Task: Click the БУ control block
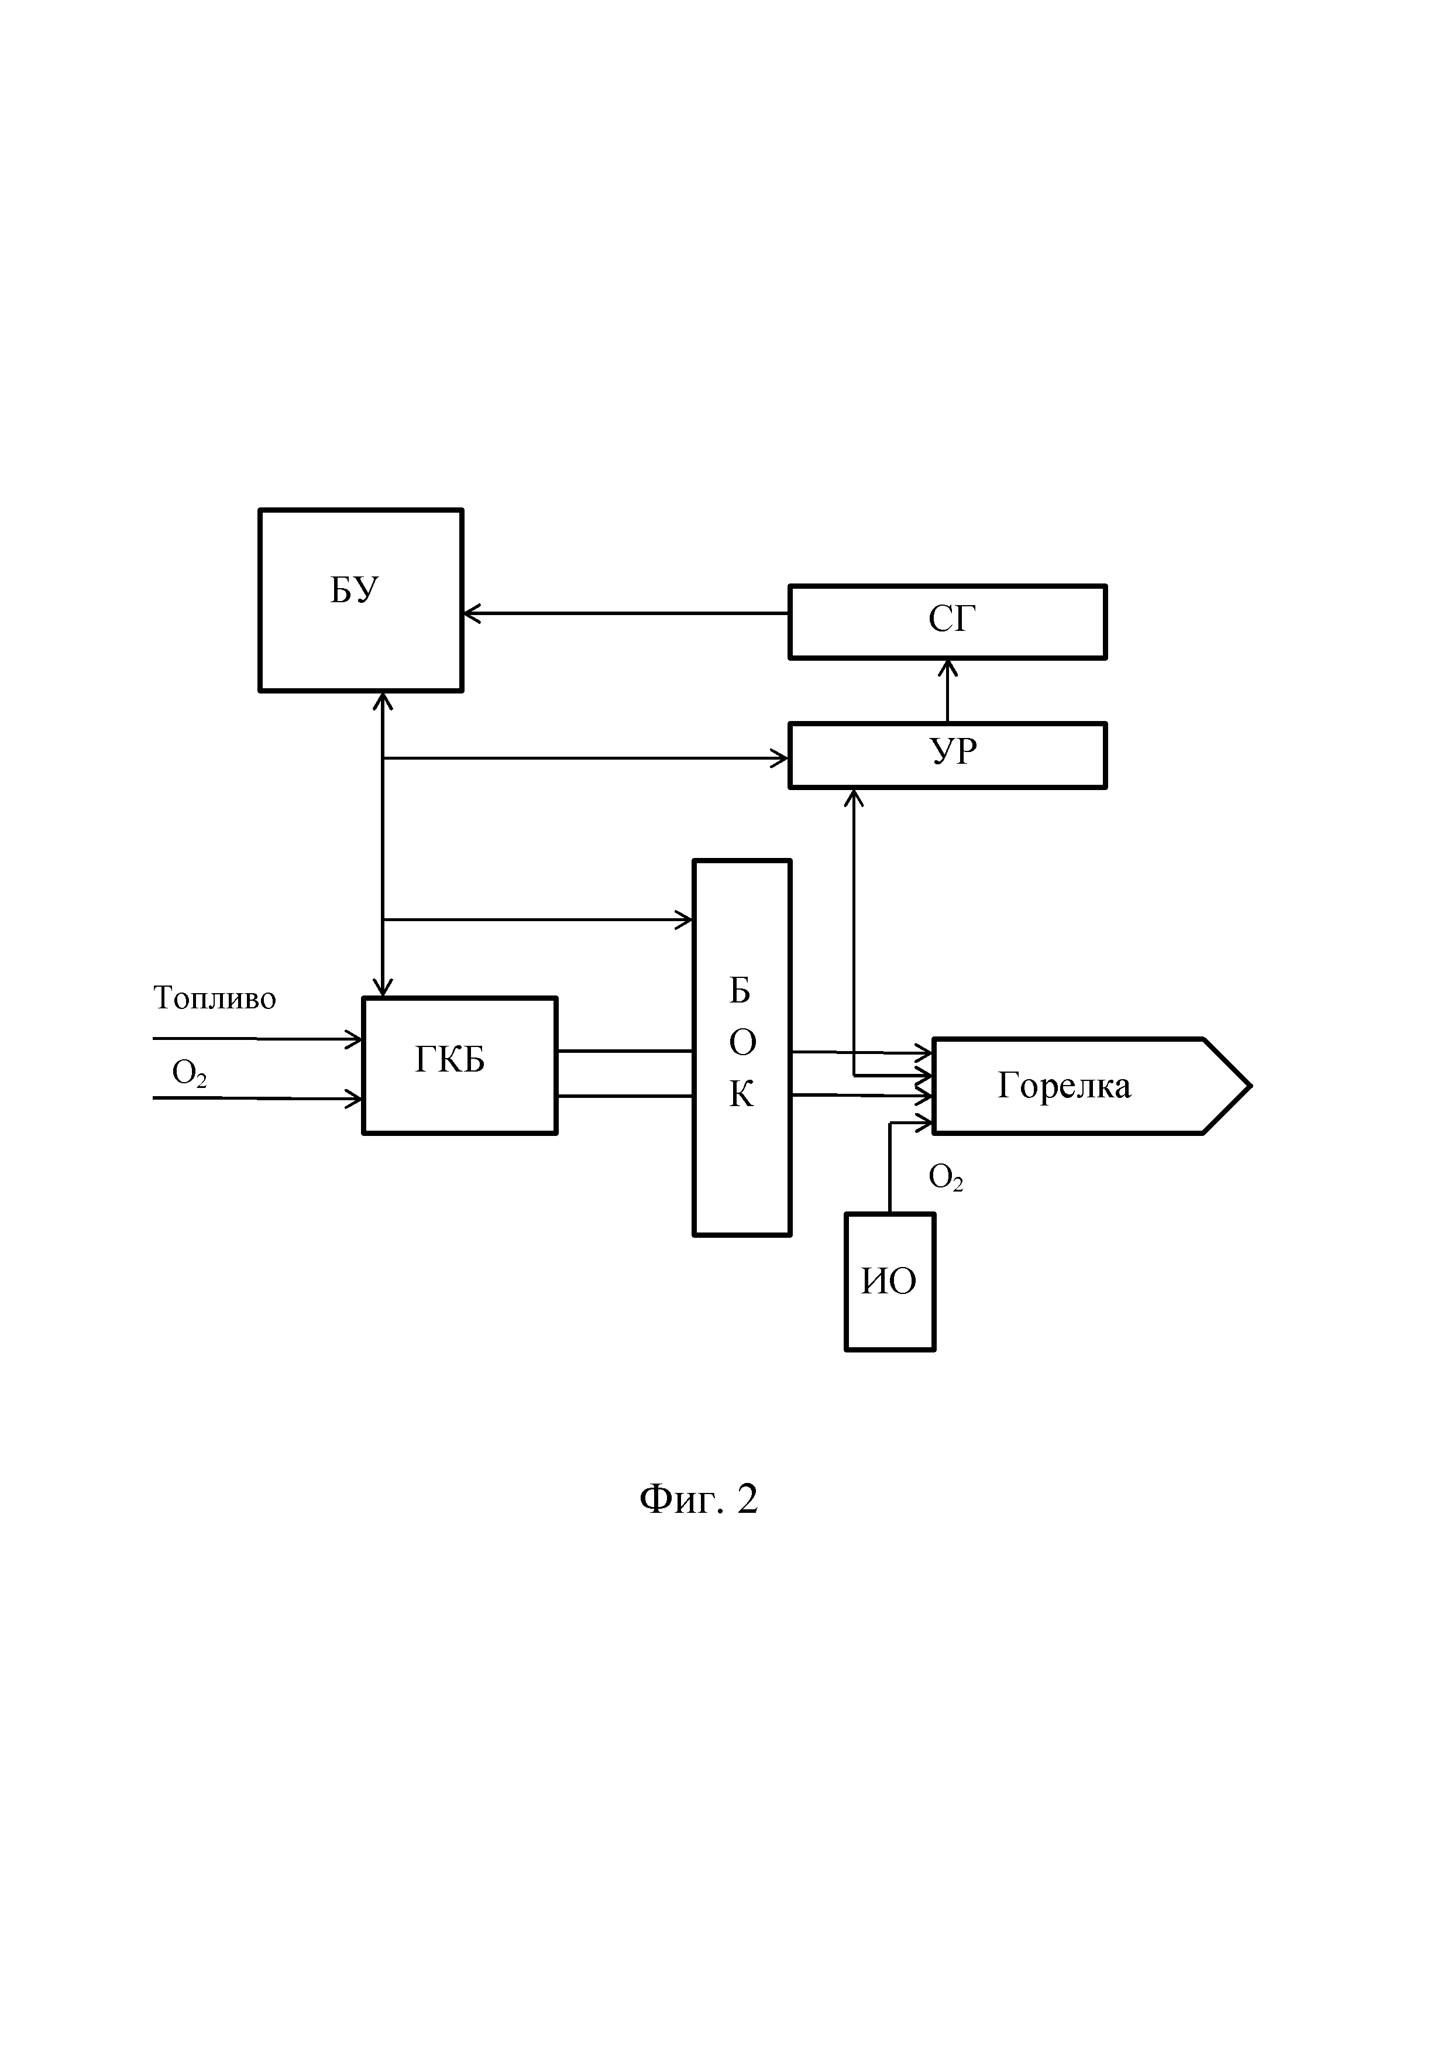(x=360, y=600)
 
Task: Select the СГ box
(x=948, y=622)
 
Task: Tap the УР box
(x=948, y=756)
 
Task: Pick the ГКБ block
(x=459, y=1066)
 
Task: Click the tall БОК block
(x=742, y=1048)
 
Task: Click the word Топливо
(x=215, y=998)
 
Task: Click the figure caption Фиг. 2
(x=699, y=1499)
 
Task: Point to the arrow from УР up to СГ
(x=948, y=691)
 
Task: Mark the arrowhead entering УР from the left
(x=779, y=758)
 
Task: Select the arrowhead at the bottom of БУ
(x=383, y=701)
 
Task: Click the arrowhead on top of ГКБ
(x=383, y=987)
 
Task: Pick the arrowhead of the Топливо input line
(x=353, y=1039)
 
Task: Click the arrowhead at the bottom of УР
(x=855, y=798)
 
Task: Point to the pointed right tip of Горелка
(x=1251, y=1086)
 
